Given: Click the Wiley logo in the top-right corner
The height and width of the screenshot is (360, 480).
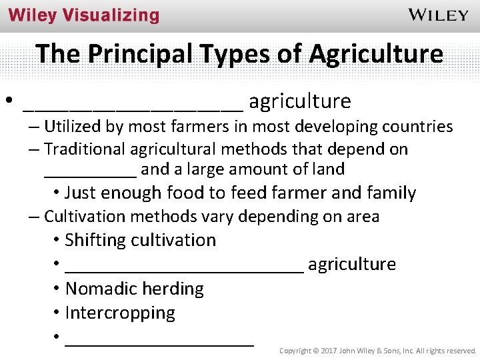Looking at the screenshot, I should [438, 15].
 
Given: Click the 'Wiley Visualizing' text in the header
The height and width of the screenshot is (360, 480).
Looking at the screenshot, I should [84, 15].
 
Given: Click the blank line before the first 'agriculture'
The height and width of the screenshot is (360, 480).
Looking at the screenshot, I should [133, 105].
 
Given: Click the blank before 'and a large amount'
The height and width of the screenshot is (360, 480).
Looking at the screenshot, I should [90, 173].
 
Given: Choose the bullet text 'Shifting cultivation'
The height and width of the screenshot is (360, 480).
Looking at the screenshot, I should [141, 240].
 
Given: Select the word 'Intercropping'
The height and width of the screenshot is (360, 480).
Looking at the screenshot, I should [120, 313].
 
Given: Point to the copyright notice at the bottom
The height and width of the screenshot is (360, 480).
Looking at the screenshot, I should [377, 350].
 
